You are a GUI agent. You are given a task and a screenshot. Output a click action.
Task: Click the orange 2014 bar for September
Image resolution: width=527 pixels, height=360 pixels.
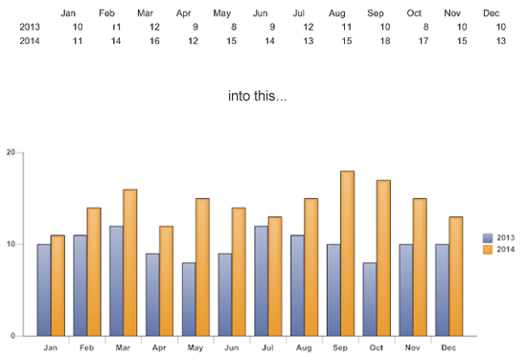(x=348, y=254)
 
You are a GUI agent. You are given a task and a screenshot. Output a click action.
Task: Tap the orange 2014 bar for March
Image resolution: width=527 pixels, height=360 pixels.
(x=129, y=262)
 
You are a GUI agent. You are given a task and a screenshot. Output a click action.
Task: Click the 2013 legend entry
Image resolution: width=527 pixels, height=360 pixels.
(x=499, y=236)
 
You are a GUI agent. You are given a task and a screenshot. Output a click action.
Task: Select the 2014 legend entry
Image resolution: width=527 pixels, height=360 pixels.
(x=499, y=249)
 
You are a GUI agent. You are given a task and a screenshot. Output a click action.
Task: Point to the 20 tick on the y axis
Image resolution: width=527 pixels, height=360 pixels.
(x=11, y=152)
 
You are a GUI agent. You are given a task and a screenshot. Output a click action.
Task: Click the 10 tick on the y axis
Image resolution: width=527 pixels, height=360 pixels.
(x=11, y=244)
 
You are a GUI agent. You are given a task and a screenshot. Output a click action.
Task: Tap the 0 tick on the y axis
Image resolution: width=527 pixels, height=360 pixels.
(x=13, y=336)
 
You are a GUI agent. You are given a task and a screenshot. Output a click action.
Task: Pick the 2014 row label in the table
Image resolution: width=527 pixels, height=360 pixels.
(x=31, y=41)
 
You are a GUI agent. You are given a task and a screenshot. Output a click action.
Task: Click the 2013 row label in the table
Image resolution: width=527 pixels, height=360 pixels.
(x=31, y=27)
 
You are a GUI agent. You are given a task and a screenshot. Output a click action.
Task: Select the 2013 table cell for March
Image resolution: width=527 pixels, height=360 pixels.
(x=154, y=27)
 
